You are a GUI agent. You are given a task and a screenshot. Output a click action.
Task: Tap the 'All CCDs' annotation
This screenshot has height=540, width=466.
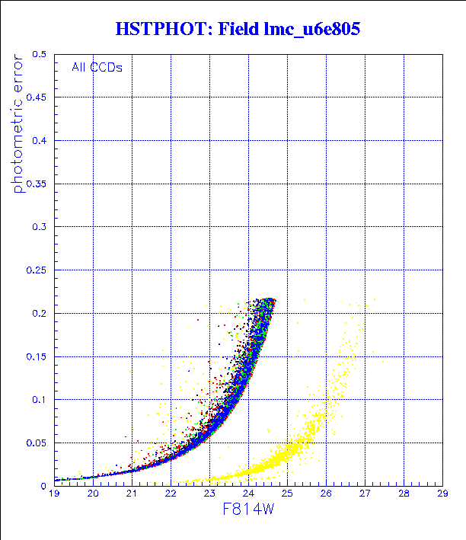coord(97,67)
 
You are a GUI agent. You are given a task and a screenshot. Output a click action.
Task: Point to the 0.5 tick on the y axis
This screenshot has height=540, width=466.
coord(40,55)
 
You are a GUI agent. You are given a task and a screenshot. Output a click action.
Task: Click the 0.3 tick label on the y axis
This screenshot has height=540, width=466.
coord(40,227)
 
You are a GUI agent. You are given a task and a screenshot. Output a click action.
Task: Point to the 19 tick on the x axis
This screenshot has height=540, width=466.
coord(54,494)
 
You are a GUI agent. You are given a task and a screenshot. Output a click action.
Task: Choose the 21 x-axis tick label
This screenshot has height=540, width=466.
coord(132,494)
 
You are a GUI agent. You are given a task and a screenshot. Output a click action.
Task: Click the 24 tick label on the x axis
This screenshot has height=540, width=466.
coord(248,494)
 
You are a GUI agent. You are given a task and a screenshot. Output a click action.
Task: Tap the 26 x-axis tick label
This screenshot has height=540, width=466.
coord(326,494)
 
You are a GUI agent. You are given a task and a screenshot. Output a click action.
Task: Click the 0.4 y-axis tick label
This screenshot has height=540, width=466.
coord(40,141)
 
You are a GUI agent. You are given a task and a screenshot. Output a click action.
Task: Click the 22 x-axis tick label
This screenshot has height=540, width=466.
coord(171,494)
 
